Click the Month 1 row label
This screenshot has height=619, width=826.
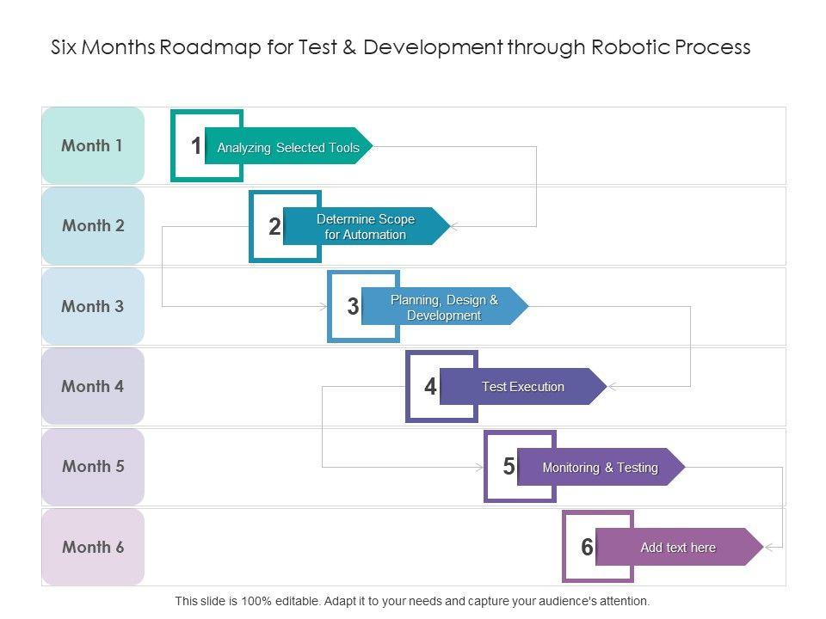coord(92,145)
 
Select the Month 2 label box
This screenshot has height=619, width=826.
coord(92,226)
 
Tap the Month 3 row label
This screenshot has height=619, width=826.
coord(92,306)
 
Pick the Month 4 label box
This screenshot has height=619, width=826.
coord(92,386)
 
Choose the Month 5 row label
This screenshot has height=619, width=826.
coord(92,466)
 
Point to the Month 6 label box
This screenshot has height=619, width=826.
coord(92,547)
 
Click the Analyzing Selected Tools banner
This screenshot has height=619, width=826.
coord(288,147)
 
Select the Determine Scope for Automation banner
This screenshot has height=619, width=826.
coord(366,227)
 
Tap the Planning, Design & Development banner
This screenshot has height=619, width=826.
coord(444,307)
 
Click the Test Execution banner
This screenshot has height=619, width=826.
coord(523,387)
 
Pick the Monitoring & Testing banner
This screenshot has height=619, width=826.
coord(601,468)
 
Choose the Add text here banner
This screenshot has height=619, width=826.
coord(678,548)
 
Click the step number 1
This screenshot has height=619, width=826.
coord(196,146)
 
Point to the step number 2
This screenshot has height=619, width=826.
coord(274,227)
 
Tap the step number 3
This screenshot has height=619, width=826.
coord(353,307)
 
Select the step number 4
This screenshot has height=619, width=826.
coord(430,387)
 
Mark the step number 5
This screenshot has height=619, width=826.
coord(509,467)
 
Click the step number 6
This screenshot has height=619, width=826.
coord(587,547)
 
